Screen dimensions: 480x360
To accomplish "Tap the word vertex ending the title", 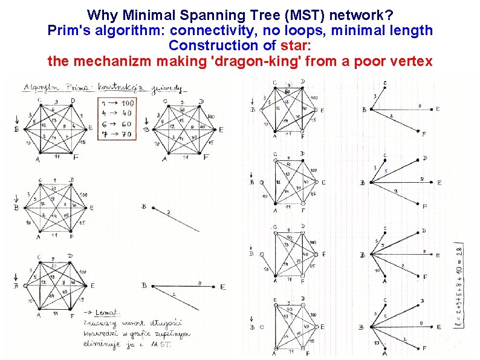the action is point(412,61).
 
